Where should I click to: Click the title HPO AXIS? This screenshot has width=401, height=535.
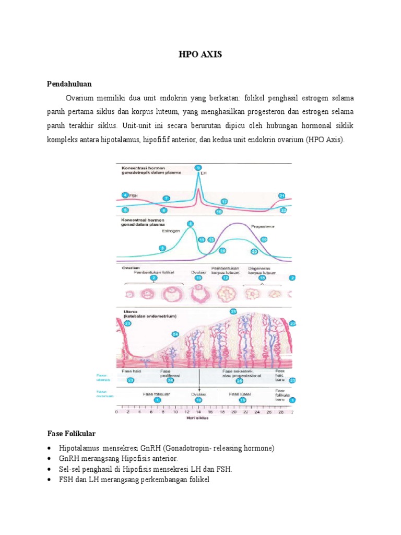point(200,55)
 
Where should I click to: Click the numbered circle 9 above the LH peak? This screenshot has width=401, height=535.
point(198,167)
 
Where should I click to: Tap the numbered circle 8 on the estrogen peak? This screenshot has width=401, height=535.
point(190,224)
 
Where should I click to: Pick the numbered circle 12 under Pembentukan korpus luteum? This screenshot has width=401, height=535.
point(226,279)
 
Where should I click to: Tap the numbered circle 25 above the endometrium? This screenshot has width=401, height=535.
point(233,311)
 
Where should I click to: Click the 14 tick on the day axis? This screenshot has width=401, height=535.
point(198,412)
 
